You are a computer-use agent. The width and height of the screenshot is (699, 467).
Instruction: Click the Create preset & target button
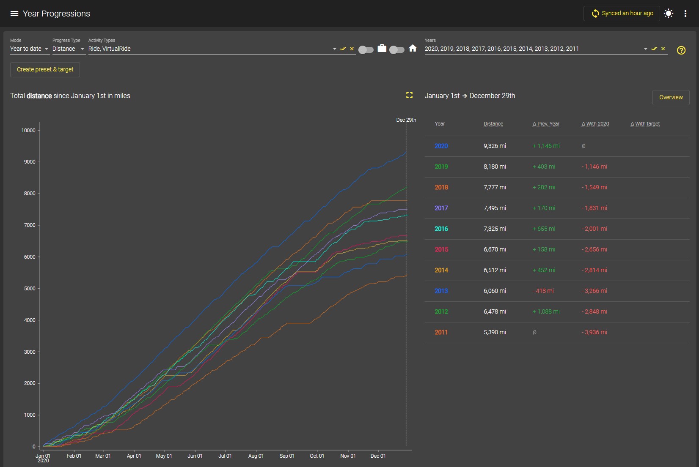click(x=45, y=69)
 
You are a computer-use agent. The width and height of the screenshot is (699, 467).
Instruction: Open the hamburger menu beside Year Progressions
click(x=14, y=14)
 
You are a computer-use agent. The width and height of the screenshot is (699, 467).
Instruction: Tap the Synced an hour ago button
click(x=622, y=14)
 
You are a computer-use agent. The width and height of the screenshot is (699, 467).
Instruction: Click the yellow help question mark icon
click(x=681, y=50)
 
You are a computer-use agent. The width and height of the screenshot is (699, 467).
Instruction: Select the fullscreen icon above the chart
click(x=409, y=96)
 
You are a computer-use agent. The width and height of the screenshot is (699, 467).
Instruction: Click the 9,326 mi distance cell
click(x=495, y=146)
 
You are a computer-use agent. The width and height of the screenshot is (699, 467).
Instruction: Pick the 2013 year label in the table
click(x=441, y=291)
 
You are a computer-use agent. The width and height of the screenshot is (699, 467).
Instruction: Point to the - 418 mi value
click(x=543, y=291)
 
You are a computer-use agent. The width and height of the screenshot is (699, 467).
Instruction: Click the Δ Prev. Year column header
click(x=546, y=124)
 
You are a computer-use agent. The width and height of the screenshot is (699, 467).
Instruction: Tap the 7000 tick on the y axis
click(x=30, y=225)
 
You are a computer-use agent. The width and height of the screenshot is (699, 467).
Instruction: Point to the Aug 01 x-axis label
click(x=256, y=456)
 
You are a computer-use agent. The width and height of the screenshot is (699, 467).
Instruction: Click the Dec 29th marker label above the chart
click(x=406, y=120)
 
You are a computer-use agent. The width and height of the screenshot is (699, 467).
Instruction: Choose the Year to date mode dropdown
click(x=29, y=49)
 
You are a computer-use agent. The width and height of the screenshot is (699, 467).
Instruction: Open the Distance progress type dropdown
click(x=69, y=49)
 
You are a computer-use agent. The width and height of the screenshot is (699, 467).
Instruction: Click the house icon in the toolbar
click(x=413, y=48)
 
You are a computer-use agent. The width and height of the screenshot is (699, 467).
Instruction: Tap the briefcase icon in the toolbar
click(x=382, y=48)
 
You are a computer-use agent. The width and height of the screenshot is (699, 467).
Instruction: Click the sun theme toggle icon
click(x=669, y=14)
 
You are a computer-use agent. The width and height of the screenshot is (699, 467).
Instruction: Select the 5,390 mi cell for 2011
click(x=495, y=332)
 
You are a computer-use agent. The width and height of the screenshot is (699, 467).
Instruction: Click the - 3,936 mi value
click(x=594, y=332)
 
